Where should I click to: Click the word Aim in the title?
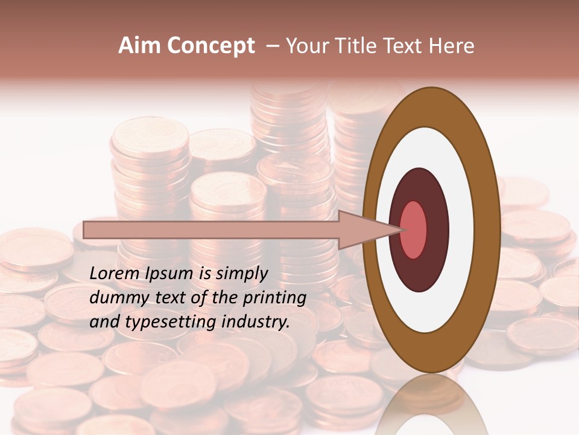point(139,46)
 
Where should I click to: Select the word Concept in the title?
point(210,46)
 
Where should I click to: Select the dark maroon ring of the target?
point(435,230)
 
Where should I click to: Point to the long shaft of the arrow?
point(211,230)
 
